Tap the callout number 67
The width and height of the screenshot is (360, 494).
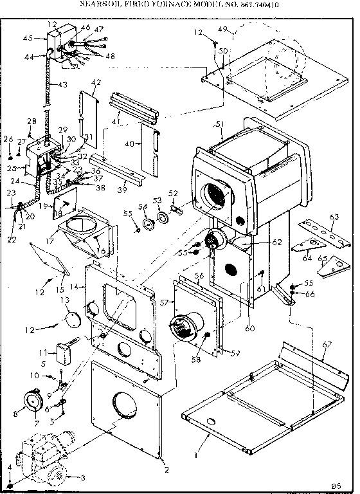click(326, 345)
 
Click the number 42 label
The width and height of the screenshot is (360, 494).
click(96, 82)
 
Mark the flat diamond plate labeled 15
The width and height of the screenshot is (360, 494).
click(48, 257)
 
